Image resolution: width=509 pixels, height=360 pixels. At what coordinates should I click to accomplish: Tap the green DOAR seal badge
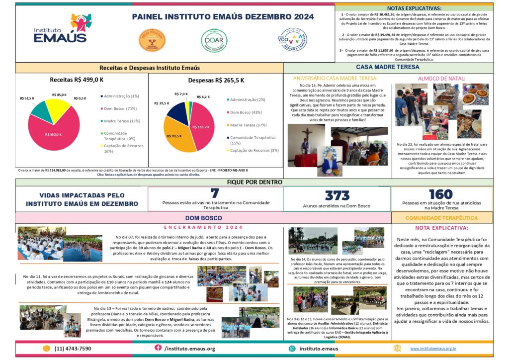pos(210,40)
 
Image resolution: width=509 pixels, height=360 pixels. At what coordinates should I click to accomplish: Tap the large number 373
pos(337,195)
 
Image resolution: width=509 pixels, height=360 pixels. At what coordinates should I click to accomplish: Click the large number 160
pos(440,194)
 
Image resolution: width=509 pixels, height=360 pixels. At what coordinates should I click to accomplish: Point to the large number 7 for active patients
pos(215,193)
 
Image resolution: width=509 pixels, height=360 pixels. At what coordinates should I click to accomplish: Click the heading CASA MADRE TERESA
pos(388,67)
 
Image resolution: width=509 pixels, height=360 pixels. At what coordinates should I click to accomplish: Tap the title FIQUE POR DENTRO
pos(254,182)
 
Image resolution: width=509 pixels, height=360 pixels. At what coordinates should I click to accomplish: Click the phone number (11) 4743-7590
pos(73,349)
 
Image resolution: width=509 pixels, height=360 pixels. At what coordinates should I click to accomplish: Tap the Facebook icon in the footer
pos(158,348)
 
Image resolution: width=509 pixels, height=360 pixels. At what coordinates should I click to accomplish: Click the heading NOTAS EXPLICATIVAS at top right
pos(414,8)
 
